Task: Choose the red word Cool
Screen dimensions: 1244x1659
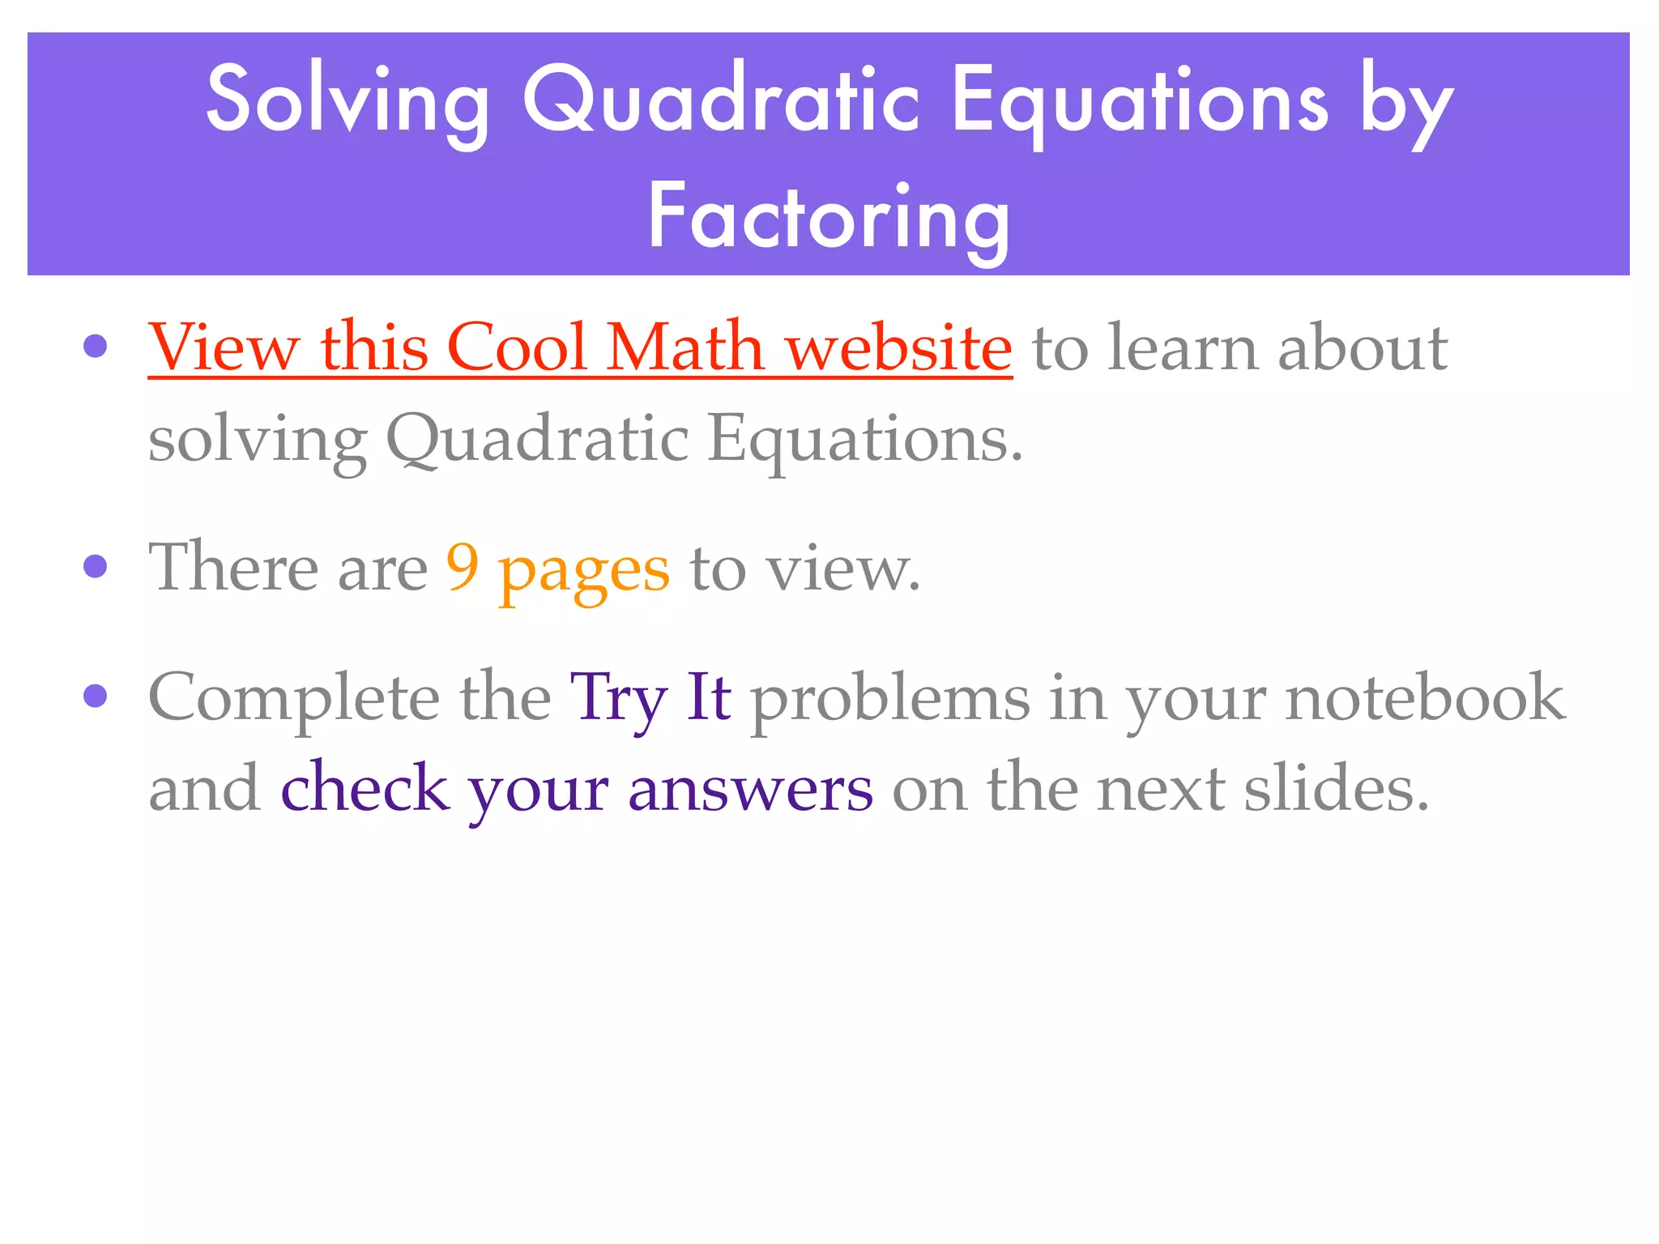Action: (x=517, y=347)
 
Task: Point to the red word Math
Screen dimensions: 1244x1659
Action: (x=685, y=347)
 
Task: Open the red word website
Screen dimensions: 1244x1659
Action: (x=899, y=347)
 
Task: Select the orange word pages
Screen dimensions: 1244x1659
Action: (x=584, y=571)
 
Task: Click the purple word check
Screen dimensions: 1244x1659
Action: (x=365, y=788)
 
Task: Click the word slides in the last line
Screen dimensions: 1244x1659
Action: (x=1336, y=788)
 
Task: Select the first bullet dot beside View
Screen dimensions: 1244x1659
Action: (x=96, y=347)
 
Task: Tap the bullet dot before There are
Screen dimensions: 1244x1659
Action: (x=96, y=566)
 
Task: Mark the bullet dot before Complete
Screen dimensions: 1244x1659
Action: (x=96, y=696)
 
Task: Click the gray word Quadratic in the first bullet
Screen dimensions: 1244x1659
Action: (x=537, y=439)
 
